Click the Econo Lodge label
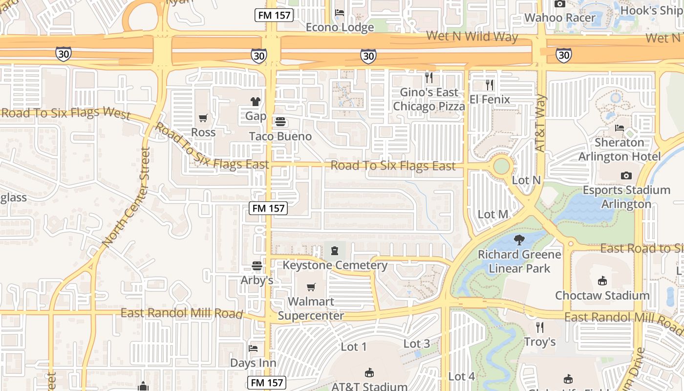[340, 27]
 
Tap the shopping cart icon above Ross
[203, 118]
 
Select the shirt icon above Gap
[256, 102]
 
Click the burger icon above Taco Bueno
[280, 122]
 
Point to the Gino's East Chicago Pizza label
[429, 99]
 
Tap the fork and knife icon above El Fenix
[490, 85]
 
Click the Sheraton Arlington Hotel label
[620, 150]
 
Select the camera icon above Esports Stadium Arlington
[626, 175]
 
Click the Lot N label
[526, 180]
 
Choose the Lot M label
[493, 214]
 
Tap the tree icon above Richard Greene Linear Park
[519, 239]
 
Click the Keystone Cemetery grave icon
[335, 251]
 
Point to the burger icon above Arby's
[257, 266]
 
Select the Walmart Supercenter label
[311, 308]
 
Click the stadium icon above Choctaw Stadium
[602, 281]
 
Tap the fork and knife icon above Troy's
[540, 327]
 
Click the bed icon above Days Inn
[253, 348]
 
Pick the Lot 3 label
[417, 344]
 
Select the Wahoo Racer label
[560, 18]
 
